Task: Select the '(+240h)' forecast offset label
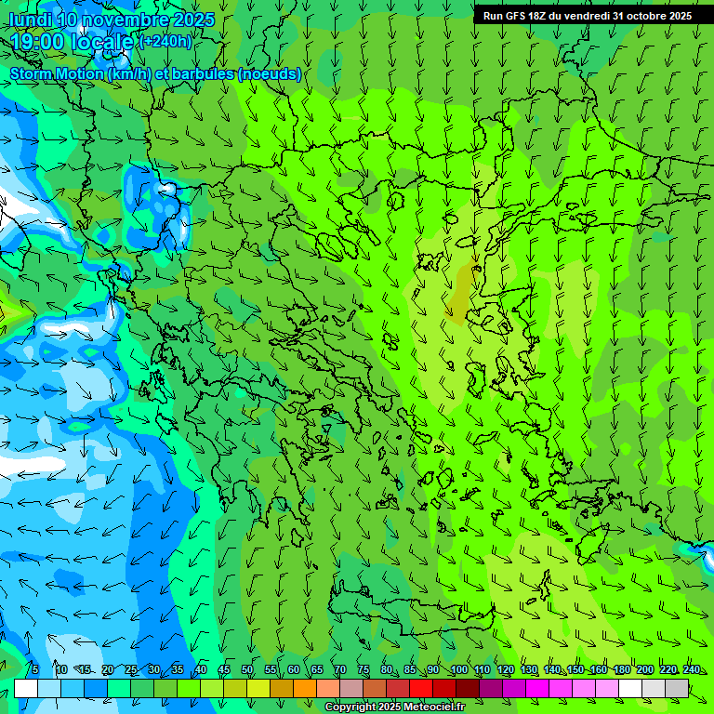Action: (165, 42)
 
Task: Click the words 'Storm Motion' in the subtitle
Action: (58, 74)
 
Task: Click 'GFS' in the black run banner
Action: (515, 16)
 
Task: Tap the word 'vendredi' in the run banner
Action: (583, 16)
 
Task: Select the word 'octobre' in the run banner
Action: (645, 16)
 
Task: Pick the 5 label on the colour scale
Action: (34, 670)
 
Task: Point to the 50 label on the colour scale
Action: (247, 670)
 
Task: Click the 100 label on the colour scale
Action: (459, 670)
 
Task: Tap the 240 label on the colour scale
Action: (692, 670)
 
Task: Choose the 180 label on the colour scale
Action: (622, 670)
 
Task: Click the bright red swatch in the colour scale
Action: (421, 688)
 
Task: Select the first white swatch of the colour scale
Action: (26, 688)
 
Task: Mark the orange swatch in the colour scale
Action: (305, 688)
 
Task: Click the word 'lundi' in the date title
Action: (30, 20)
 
